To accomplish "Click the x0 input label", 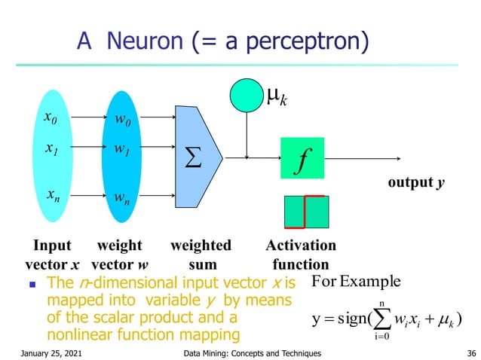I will (x=51, y=118).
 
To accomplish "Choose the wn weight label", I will (x=121, y=197).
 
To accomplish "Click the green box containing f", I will (x=302, y=158).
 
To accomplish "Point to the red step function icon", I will (x=305, y=212).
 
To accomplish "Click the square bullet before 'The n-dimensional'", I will (x=31, y=285).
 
